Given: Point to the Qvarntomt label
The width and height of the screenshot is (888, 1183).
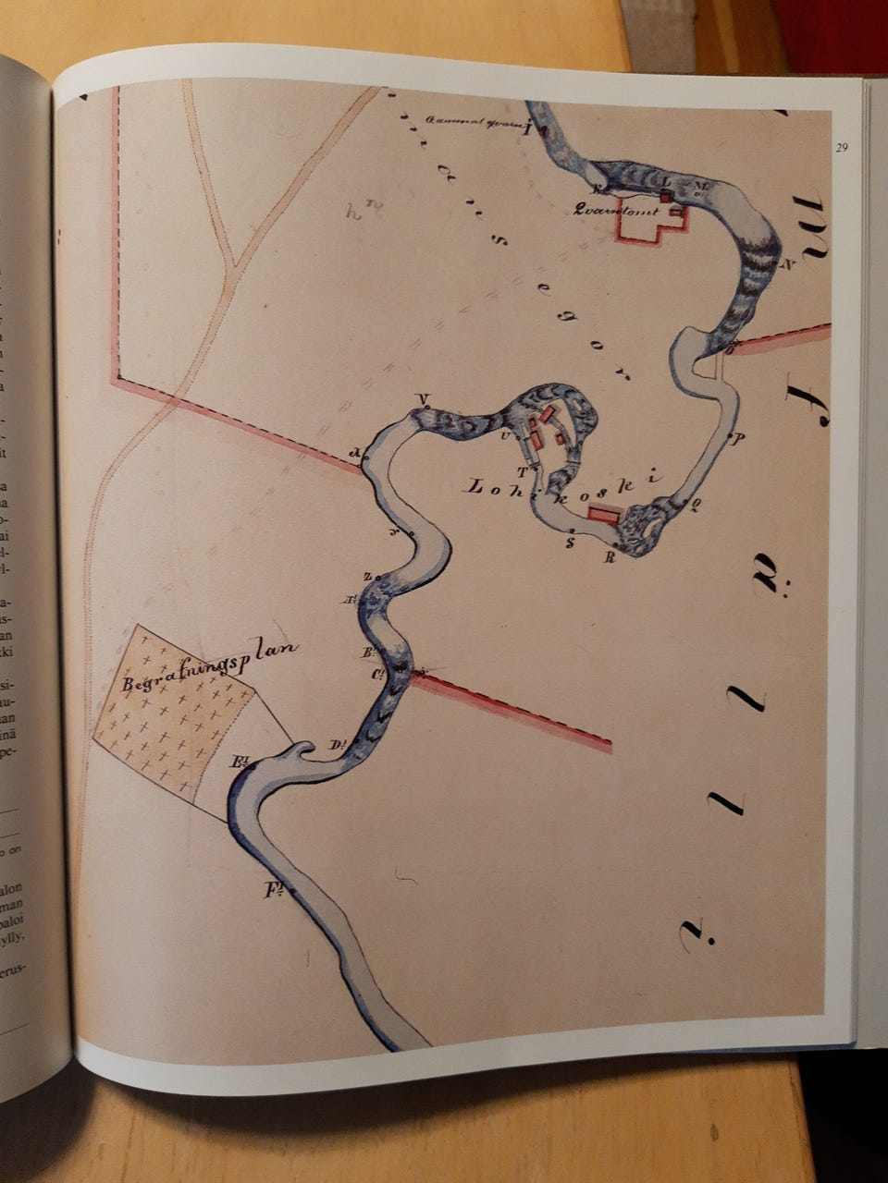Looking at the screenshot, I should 609,209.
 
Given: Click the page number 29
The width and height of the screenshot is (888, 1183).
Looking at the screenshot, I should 841,147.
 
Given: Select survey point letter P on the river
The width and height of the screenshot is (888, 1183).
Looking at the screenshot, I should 738,438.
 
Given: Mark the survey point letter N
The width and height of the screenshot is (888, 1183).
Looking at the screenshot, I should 789,263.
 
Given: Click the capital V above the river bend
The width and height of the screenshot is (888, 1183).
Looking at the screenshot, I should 425,399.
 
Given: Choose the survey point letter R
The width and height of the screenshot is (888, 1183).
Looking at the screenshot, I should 610,555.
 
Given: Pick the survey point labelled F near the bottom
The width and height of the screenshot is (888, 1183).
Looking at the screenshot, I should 273,891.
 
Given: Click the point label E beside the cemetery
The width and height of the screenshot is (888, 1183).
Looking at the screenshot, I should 242,762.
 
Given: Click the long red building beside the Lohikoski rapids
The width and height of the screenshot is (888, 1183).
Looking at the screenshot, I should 604,514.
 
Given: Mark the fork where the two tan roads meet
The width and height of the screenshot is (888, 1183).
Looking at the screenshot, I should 234,266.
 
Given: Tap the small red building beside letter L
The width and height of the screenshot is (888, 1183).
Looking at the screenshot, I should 665,196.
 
